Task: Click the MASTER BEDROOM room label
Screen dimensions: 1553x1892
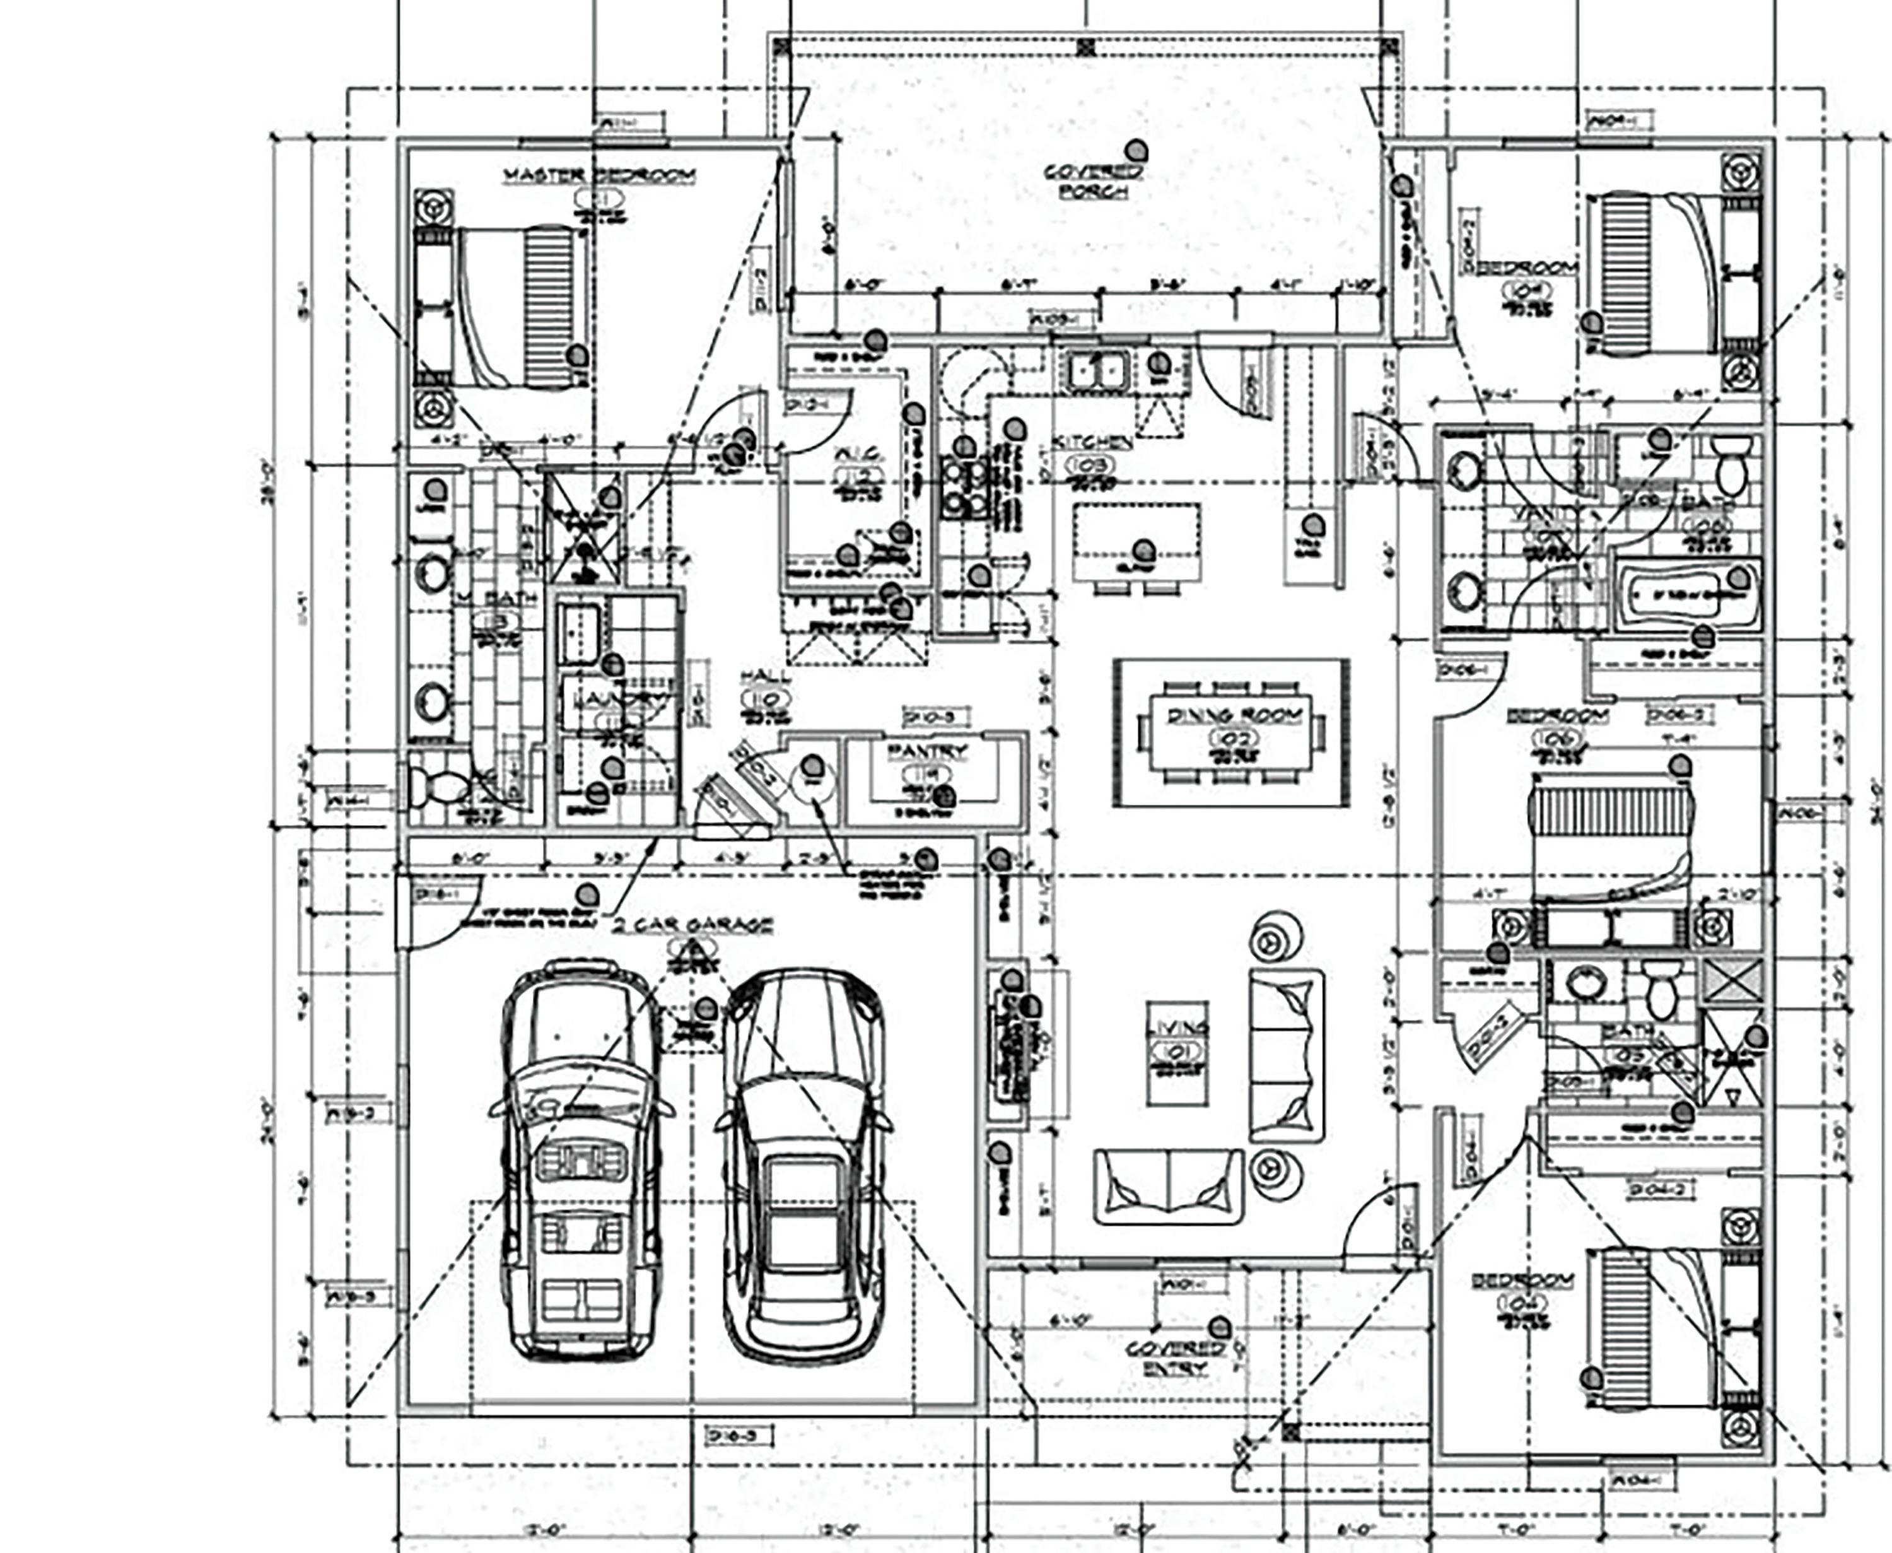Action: click(599, 175)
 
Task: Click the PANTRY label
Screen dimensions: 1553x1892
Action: click(928, 751)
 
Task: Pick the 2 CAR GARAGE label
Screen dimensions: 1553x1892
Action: click(693, 925)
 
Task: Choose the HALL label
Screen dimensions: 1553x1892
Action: click(765, 677)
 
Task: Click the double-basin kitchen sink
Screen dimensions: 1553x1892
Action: click(1097, 370)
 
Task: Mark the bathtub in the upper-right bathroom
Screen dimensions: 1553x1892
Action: click(1687, 594)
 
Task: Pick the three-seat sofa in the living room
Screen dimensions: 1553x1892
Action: click(1287, 1055)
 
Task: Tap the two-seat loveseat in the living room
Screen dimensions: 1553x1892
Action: click(1168, 1187)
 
